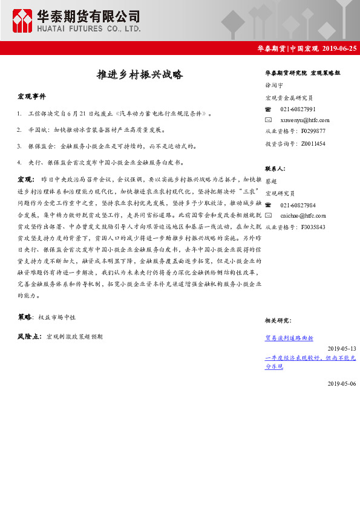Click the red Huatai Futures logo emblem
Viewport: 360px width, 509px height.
pos(23,21)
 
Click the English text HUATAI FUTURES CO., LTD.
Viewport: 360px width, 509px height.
pos(89,28)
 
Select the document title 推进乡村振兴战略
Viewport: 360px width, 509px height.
pos(140,75)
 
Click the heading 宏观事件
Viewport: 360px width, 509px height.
pos(31,96)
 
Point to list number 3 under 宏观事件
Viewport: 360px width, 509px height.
pos(20,146)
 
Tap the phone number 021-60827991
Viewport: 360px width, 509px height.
pos(298,109)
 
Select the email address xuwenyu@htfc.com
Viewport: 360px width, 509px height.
pos(305,120)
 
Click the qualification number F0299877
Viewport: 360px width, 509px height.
pos(313,131)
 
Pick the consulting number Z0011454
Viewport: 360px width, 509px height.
pos(313,143)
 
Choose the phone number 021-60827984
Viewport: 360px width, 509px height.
pos(298,205)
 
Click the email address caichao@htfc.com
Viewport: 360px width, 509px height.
pos(303,216)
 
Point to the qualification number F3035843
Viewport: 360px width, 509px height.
pos(313,227)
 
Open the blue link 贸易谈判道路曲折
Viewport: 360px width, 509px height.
pos(289,339)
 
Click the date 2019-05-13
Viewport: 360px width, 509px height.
pos(342,349)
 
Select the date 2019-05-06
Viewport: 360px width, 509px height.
pos(342,384)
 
